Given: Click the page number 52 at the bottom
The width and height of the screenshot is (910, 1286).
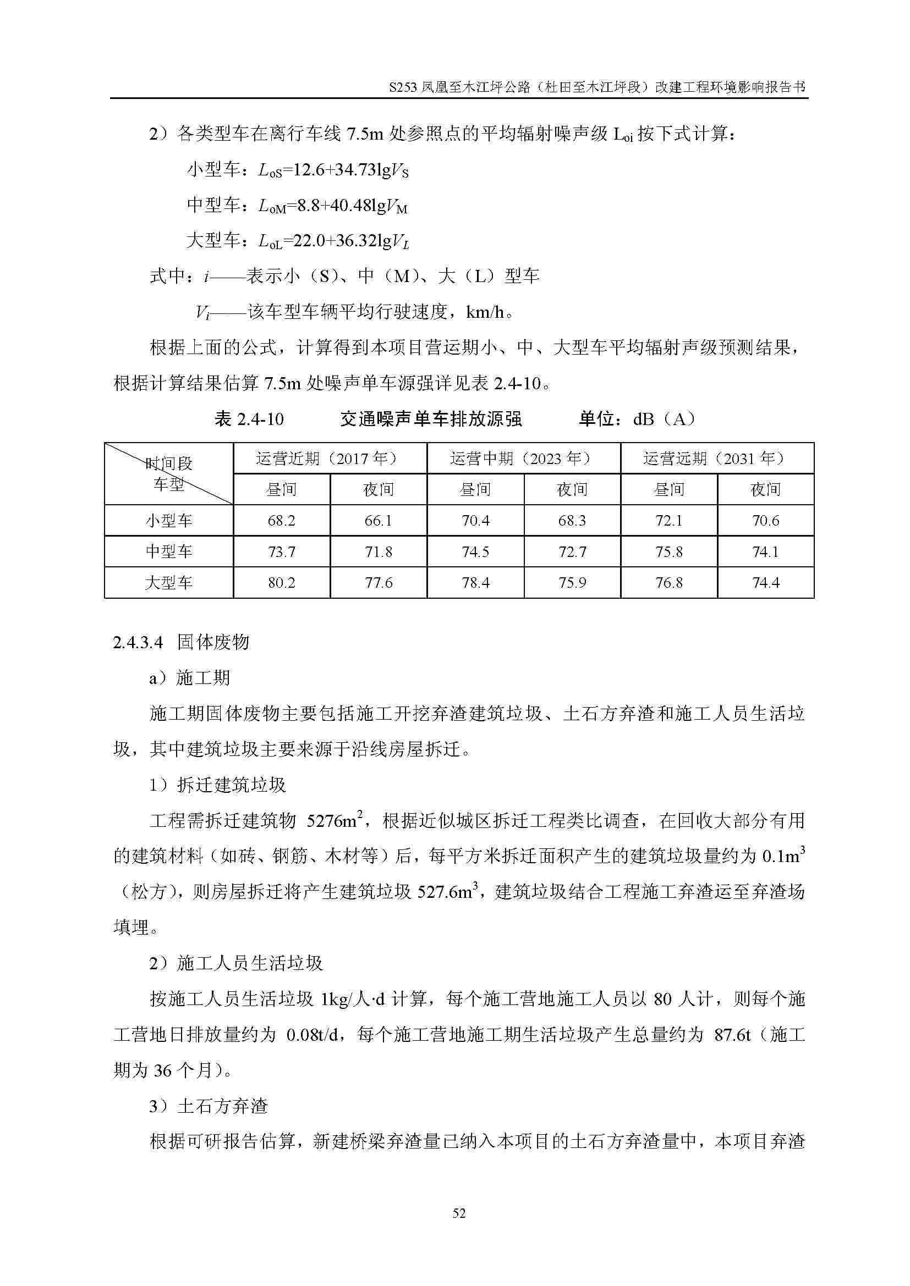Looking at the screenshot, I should tap(459, 1213).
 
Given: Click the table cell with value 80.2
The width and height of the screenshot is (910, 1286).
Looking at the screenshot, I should tap(281, 583).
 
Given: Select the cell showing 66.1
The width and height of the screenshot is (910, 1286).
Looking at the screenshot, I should tap(378, 521).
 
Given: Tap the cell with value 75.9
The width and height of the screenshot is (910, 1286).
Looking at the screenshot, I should tap(572, 583).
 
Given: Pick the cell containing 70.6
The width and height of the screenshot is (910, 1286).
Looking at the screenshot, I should tap(765, 521).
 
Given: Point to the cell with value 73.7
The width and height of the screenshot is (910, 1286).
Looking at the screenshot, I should tap(281, 552).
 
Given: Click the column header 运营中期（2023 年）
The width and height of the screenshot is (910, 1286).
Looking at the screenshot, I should tap(523, 459).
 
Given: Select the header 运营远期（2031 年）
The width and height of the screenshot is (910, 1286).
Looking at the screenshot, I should tap(717, 459).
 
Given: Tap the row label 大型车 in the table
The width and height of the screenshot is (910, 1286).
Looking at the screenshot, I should tap(169, 583).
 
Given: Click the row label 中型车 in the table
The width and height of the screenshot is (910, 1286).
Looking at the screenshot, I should tap(169, 552).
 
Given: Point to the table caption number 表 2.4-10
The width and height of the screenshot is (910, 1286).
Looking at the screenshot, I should tap(249, 419).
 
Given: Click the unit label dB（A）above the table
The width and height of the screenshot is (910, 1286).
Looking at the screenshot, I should tap(665, 419).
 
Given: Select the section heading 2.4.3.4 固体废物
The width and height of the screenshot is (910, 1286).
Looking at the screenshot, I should tap(181, 642).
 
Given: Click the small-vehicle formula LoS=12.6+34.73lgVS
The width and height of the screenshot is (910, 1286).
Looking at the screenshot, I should tap(333, 170).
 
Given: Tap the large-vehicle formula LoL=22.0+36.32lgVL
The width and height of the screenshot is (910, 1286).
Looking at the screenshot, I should tap(333, 241).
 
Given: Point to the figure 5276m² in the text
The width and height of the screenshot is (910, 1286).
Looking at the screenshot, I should tap(335, 821).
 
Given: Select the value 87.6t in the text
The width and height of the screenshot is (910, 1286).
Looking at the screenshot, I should tap(732, 1035).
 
